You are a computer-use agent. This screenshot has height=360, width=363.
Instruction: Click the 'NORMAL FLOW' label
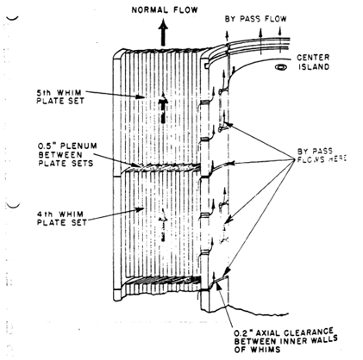pyautogui.click(x=165, y=10)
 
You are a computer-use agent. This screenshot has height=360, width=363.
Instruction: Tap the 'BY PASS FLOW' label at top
pyautogui.click(x=255, y=19)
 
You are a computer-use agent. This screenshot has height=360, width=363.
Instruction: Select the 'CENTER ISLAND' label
pyautogui.click(x=313, y=62)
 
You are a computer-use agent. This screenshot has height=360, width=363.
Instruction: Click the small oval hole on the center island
pyautogui.click(x=280, y=67)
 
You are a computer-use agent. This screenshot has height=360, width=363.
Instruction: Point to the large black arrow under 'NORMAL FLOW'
pyautogui.click(x=163, y=33)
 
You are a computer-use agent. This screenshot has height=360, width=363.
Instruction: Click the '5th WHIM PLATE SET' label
pyautogui.click(x=60, y=96)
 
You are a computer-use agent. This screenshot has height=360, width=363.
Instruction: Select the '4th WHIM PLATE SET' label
pyautogui.click(x=62, y=218)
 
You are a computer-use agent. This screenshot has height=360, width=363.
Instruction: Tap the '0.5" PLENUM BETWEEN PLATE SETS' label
pyautogui.click(x=67, y=154)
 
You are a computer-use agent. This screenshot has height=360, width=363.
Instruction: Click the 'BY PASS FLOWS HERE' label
pyautogui.click(x=322, y=155)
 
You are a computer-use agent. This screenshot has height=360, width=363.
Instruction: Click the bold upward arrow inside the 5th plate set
pyautogui.click(x=163, y=108)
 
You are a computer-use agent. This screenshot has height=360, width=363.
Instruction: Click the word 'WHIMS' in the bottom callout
pyautogui.click(x=265, y=350)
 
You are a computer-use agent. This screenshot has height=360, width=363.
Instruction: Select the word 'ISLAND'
pyautogui.click(x=314, y=66)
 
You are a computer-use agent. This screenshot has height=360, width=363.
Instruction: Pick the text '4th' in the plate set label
pyautogui.click(x=45, y=214)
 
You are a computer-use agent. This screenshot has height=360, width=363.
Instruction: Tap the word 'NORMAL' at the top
pyautogui.click(x=150, y=10)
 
